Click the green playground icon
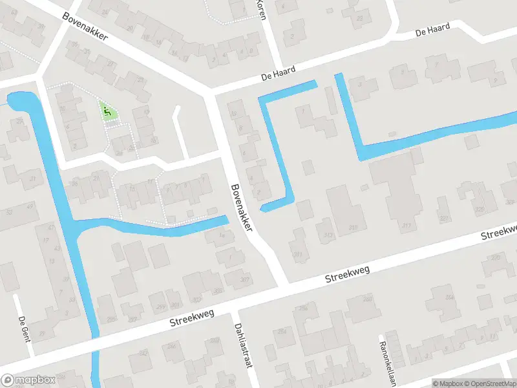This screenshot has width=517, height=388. tap(107, 112)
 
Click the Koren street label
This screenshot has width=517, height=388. tap(261, 9)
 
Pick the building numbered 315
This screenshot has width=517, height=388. tap(353, 228)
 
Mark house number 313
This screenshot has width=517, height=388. tap(328, 235)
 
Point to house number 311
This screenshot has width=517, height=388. tap(298, 255)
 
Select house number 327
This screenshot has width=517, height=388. tap(443, 219)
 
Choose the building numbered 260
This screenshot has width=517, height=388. tap(368, 298)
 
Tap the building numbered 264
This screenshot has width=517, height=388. tap(448, 298)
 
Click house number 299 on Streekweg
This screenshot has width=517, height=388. tap(161, 306)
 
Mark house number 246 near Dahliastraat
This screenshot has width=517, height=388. tap(172, 347)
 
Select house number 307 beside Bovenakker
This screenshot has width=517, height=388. tap(245, 280)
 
